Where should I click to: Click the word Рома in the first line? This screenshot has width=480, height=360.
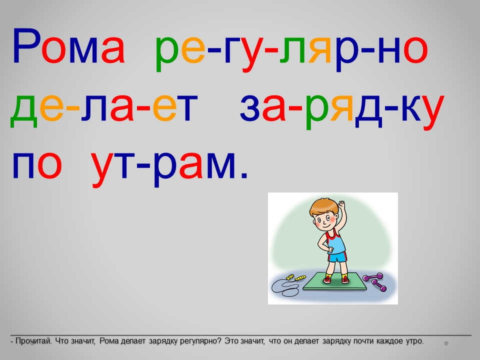point(68,46)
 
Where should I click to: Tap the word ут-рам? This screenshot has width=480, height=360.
point(164,168)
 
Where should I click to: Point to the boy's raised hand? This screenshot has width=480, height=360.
point(341,205)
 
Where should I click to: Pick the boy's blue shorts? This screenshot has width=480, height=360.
point(337,256)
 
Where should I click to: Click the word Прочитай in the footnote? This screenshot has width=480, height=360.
point(33,341)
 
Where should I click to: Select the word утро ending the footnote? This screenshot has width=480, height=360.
point(415,341)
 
